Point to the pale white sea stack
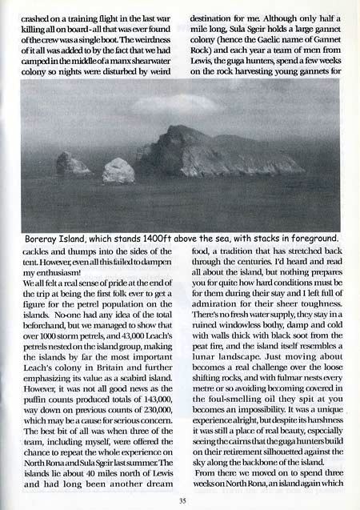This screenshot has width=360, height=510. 118,170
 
